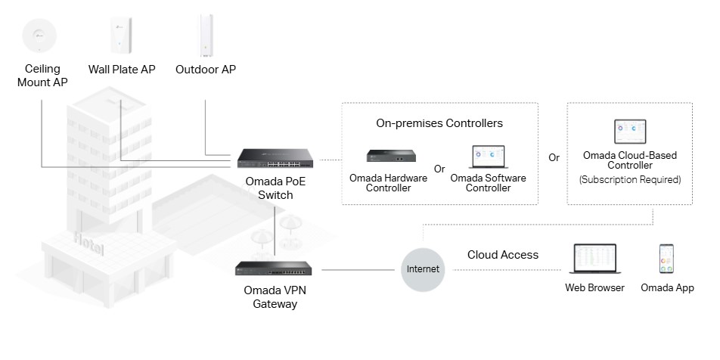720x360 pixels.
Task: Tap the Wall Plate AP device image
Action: pos(122,35)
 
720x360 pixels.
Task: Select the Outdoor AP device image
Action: pos(205,35)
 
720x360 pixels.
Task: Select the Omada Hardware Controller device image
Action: pos(389,156)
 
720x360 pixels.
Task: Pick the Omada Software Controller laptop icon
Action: pos(487,157)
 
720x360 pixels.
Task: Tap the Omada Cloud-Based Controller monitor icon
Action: pos(629,131)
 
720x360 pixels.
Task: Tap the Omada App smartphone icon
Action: pos(666,259)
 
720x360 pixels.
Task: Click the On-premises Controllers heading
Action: pos(439,123)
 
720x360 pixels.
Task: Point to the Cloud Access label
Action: pos(503,255)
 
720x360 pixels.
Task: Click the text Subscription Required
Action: pos(630,180)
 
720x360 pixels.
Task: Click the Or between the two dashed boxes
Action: pos(554,158)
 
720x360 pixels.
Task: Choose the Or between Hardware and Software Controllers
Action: pos(439,168)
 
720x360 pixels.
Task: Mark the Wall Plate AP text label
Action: pos(122,70)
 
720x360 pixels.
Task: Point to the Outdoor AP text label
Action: pos(205,70)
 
